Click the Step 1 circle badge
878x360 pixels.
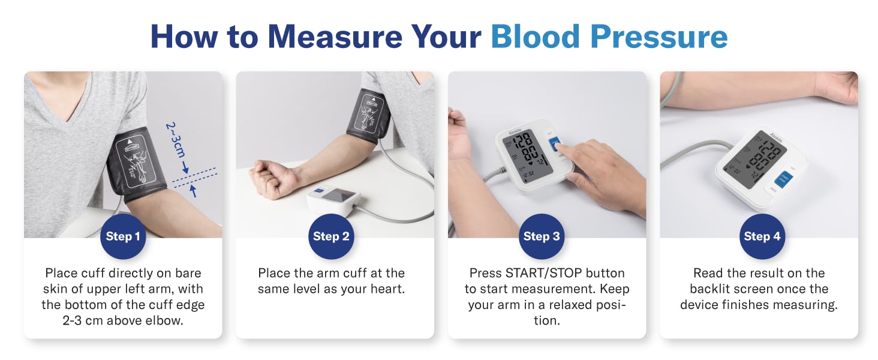pos(123,236)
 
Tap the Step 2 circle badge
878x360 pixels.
pos(331,236)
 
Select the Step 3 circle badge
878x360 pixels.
pos(542,236)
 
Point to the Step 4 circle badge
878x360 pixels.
pos(762,236)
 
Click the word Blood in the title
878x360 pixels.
pos(536,37)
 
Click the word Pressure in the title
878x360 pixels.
pos(659,37)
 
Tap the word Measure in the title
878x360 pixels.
pos(335,37)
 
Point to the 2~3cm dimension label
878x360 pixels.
pos(175,140)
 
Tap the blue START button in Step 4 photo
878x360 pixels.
pos(783,179)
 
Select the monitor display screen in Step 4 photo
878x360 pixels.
pos(754,159)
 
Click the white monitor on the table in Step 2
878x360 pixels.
pos(333,199)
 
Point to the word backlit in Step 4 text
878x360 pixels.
pos(709,289)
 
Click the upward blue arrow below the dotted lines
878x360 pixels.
pos(193,191)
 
